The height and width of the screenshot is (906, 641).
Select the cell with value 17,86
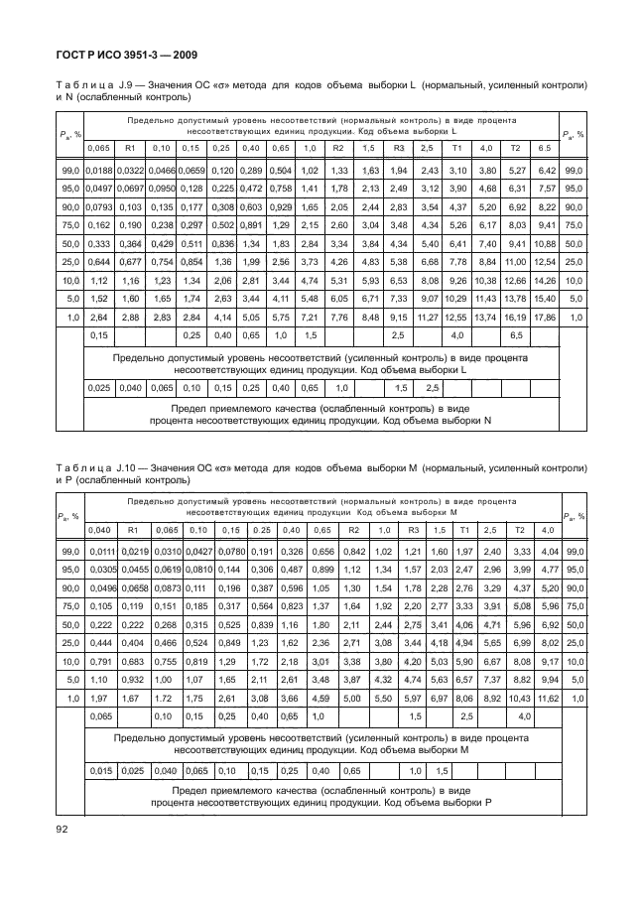(x=544, y=315)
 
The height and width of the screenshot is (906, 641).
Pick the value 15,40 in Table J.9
(x=544, y=297)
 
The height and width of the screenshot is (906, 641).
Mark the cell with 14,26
(x=544, y=261)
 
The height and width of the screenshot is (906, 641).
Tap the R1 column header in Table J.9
(x=130, y=148)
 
